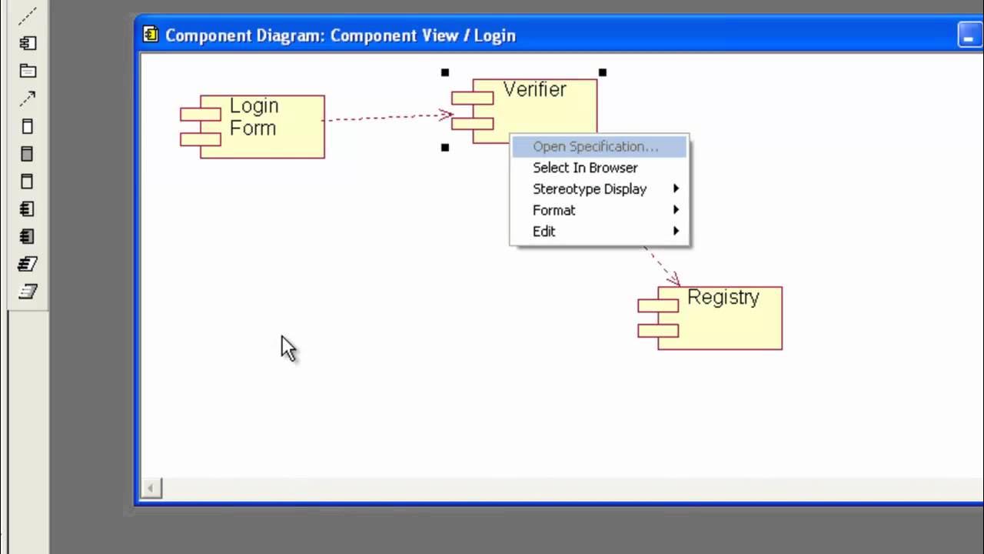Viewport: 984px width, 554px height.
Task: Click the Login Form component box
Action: click(x=261, y=127)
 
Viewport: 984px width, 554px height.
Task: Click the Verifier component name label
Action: click(x=534, y=90)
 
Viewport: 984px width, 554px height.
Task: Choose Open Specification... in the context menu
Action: click(x=595, y=147)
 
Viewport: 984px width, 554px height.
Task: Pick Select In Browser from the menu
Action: click(x=585, y=168)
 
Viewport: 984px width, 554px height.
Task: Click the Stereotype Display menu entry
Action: click(x=590, y=189)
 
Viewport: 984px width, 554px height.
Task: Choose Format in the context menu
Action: click(x=553, y=210)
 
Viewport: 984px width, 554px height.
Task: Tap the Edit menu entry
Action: click(x=544, y=232)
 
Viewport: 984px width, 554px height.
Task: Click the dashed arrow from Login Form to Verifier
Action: click(x=384, y=117)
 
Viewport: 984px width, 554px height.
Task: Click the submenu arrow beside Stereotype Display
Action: click(x=676, y=189)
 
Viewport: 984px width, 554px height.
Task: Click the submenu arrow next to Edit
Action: click(x=676, y=232)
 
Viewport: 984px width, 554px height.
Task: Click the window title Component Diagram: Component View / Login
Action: click(x=340, y=35)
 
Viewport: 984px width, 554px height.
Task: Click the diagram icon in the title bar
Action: click(x=151, y=35)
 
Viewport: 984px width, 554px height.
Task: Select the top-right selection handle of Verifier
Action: click(x=603, y=72)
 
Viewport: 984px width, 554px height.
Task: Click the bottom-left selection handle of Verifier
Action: click(x=445, y=147)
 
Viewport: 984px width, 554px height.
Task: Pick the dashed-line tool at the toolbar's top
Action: click(x=28, y=15)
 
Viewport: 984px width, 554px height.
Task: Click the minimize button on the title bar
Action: click(x=969, y=35)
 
